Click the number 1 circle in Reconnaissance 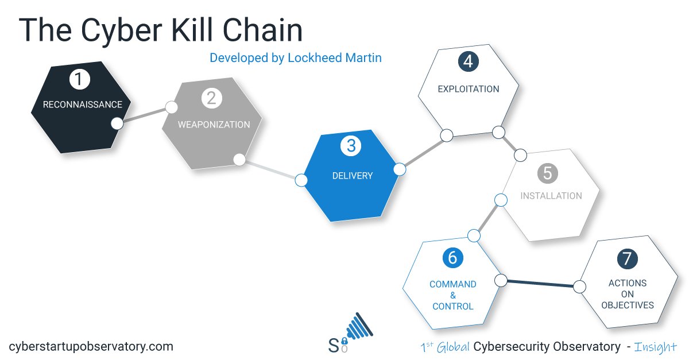point(80,79)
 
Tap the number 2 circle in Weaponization point(211,98)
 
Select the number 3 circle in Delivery point(351,146)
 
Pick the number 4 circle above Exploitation point(469,61)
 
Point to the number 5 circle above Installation point(548,173)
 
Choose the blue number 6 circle point(452,258)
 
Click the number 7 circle point(627,258)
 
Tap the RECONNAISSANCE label point(83,104)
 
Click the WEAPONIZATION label point(214,125)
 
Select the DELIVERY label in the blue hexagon point(353,176)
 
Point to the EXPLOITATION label point(469,89)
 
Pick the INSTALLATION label point(551,196)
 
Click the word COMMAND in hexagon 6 point(453,284)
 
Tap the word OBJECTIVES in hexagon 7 point(628,305)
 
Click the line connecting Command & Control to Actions point(540,283)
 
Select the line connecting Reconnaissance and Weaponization point(144,115)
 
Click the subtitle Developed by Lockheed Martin point(296,58)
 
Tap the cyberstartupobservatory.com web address point(91,346)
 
